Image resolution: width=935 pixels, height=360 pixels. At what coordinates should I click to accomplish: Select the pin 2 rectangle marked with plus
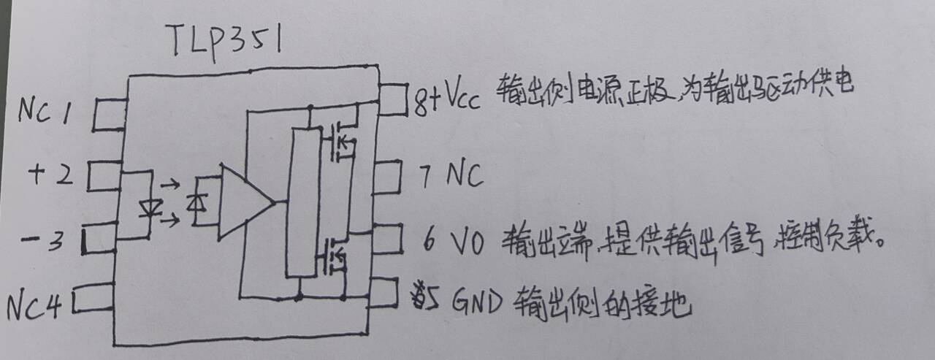pos(104,176)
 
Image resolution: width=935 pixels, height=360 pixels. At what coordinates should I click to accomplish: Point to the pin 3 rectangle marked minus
pos(99,240)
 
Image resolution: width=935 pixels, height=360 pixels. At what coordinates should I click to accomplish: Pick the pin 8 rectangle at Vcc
pos(392,99)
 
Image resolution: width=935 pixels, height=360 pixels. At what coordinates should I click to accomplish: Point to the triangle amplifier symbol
pos(243,202)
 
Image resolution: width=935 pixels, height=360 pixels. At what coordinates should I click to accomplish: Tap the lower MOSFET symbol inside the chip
pos(332,256)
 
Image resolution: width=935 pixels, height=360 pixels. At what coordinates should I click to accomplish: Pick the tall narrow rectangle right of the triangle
pos(303,202)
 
